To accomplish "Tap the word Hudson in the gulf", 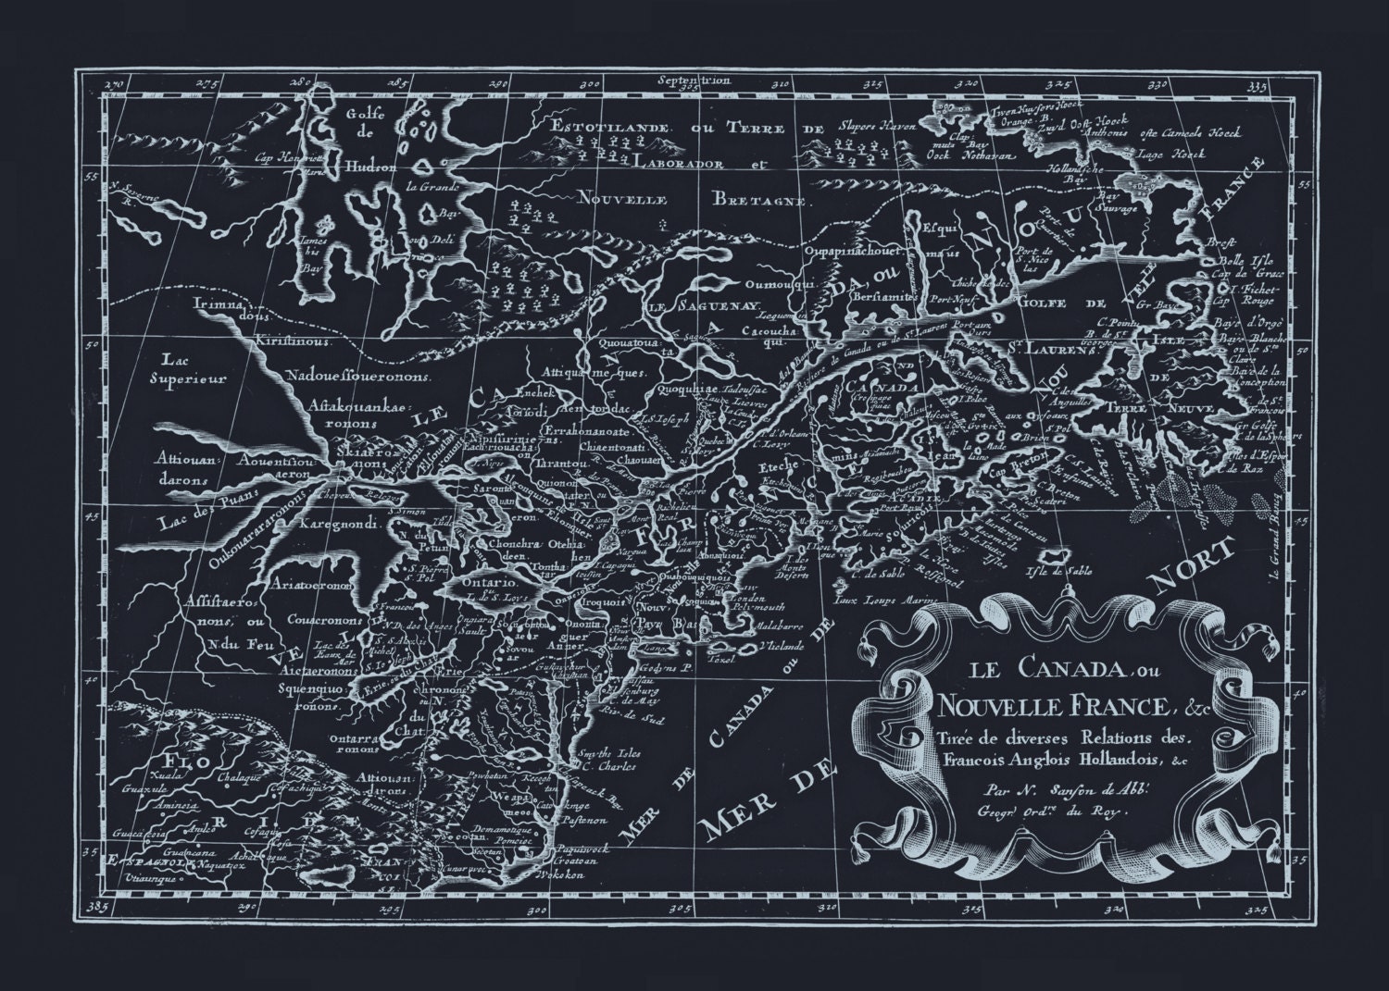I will point(372,169).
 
